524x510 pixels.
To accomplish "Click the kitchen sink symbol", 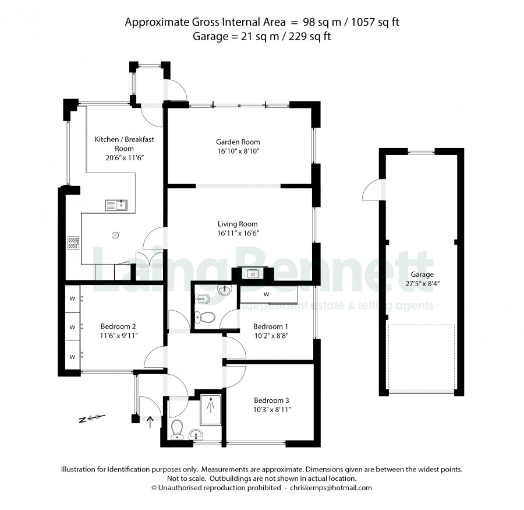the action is tap(116, 205).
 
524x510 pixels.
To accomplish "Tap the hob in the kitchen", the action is tap(73, 243).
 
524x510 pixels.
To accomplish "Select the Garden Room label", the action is tap(238, 142).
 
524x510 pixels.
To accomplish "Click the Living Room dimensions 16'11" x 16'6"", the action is tap(238, 233).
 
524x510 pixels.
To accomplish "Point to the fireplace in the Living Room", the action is tap(253, 274).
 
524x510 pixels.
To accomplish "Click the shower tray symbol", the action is tap(211, 410).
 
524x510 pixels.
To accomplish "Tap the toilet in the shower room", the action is tap(176, 430).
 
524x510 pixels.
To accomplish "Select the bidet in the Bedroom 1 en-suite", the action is tap(202, 297).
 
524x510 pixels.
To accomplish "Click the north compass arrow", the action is tap(92, 418).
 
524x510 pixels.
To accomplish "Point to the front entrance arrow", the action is tap(150, 422).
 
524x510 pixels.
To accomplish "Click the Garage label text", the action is tap(422, 275).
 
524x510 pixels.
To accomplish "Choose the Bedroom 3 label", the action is tap(271, 400).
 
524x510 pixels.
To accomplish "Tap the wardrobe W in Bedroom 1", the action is tap(266, 294).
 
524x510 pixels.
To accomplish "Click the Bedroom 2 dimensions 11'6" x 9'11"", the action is tap(119, 336).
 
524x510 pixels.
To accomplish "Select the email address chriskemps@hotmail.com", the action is tap(331, 488).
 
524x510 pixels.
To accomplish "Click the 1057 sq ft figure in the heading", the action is tap(376, 22).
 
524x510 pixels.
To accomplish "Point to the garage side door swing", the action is tap(372, 190).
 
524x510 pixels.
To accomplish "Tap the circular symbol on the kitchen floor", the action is tap(115, 235).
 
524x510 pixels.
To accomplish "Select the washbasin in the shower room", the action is tap(196, 435).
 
